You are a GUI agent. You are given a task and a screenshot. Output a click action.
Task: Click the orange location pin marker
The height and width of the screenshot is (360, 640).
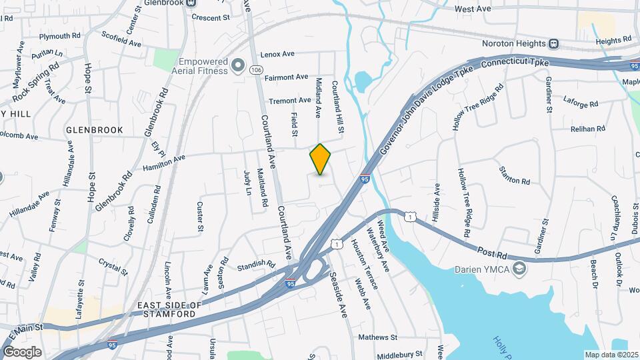click(x=320, y=159)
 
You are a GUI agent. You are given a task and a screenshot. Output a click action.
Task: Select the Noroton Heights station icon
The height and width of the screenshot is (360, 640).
click(x=553, y=44)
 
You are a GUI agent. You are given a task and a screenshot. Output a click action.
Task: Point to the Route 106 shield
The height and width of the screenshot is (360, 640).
click(x=255, y=69)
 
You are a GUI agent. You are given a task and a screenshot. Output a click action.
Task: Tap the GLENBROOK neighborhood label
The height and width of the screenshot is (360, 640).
click(x=94, y=130)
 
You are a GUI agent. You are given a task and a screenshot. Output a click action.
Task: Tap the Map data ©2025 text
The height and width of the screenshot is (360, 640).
click(x=611, y=355)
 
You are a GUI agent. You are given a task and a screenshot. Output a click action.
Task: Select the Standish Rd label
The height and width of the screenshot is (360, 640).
click(x=257, y=265)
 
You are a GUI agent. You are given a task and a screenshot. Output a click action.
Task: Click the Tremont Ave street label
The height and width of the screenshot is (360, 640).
click(x=290, y=100)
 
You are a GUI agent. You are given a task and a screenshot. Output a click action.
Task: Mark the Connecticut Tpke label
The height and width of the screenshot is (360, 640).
click(x=514, y=63)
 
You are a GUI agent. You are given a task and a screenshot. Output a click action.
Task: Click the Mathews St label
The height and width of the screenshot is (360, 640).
click(x=377, y=337)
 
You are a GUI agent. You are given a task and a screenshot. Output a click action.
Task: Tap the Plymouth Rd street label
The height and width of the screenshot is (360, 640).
click(x=60, y=36)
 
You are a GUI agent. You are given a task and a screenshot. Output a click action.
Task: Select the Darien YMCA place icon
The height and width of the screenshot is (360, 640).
click(x=520, y=269)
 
